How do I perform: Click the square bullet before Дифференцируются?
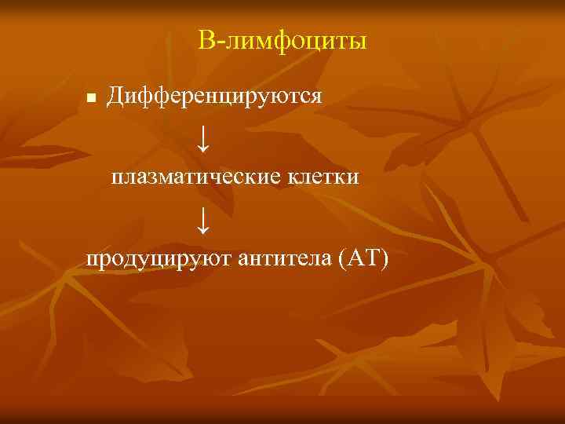91,99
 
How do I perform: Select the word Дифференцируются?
214,97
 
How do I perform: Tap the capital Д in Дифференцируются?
115,97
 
